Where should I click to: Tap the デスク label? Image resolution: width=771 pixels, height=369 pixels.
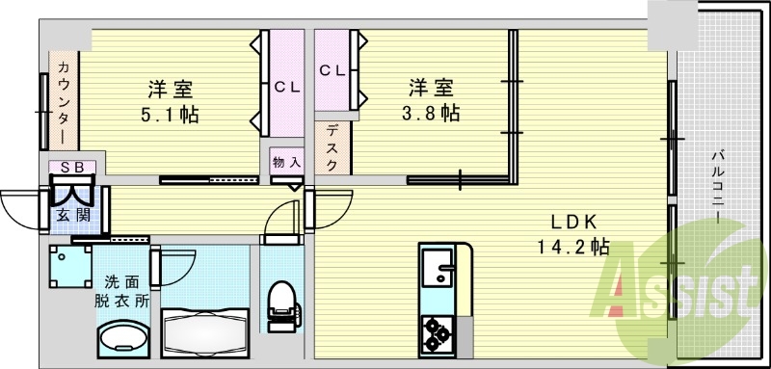pyautogui.click(x=332, y=147)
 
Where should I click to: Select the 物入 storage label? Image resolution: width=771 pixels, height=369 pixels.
pyautogui.click(x=285, y=161)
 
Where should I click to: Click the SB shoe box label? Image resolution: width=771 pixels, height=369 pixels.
pyautogui.click(x=72, y=167)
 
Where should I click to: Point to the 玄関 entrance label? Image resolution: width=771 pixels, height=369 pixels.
pyautogui.click(x=73, y=214)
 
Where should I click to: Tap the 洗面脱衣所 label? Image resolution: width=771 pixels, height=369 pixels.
pyautogui.click(x=121, y=290)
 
